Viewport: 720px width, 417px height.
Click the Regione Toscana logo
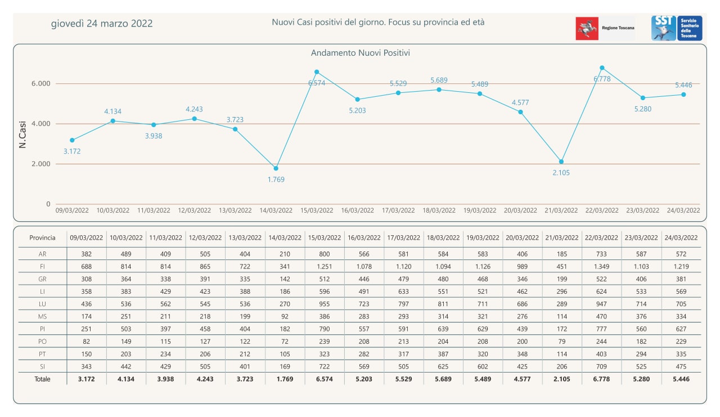pyautogui.click(x=605, y=28)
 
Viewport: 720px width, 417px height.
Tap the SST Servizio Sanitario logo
pyautogui.click(x=677, y=28)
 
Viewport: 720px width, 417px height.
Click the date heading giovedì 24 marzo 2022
pyautogui.click(x=102, y=24)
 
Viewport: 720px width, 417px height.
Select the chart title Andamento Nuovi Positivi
pyautogui.click(x=360, y=53)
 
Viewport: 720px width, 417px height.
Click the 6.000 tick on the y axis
pyautogui.click(x=40, y=83)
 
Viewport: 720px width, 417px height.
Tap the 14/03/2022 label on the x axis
pyautogui.click(x=276, y=210)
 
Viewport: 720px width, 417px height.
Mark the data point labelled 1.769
pyautogui.click(x=276, y=168)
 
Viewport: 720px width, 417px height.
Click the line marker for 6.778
pyautogui.click(x=602, y=68)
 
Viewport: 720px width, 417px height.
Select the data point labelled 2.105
pyautogui.click(x=561, y=162)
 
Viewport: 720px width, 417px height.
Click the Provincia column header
pyautogui.click(x=43, y=238)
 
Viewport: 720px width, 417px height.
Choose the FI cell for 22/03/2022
pyautogui.click(x=602, y=267)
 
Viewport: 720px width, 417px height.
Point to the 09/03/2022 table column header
pyautogui.click(x=86, y=238)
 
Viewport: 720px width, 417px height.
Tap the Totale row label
pyautogui.click(x=43, y=379)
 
